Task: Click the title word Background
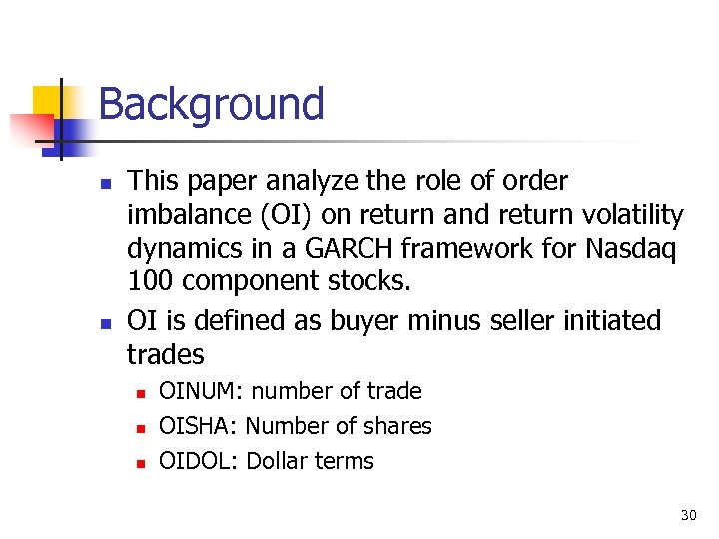[x=211, y=104]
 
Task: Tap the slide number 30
[x=688, y=515]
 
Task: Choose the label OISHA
[x=196, y=426]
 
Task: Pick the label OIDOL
[x=196, y=461]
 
